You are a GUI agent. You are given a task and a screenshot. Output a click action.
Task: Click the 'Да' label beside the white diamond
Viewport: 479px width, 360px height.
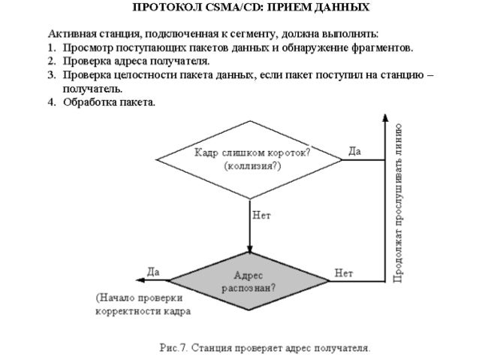coord(355,151)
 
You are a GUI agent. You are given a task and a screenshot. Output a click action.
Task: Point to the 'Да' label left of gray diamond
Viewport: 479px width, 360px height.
coord(152,271)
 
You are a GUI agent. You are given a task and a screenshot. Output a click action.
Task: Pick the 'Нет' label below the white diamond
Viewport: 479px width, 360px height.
coord(261,215)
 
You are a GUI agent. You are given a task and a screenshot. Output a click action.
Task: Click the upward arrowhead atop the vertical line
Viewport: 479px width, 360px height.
coord(385,118)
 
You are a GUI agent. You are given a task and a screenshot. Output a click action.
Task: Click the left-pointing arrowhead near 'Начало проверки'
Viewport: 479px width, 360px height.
coord(132,280)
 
